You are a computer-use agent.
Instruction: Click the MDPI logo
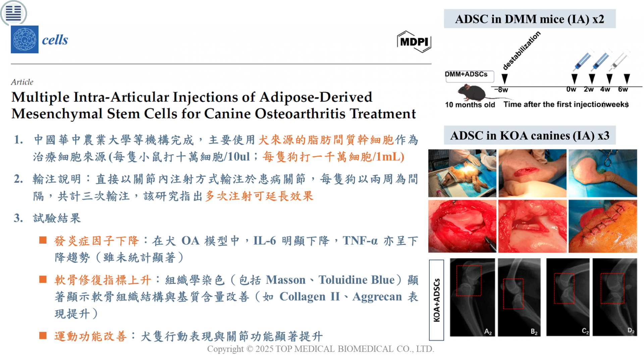coord(414,42)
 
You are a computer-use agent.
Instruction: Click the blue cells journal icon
coord(24,40)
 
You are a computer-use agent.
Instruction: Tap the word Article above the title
coord(22,82)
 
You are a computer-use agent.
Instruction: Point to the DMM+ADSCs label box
coord(469,76)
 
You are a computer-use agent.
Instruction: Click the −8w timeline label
coord(501,90)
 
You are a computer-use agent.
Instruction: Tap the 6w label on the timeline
coord(623,89)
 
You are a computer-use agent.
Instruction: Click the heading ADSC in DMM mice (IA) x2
coord(530,19)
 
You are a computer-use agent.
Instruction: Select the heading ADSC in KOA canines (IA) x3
coord(530,135)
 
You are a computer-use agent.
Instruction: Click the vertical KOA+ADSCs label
coord(436,300)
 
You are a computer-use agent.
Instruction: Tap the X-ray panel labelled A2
coord(472,297)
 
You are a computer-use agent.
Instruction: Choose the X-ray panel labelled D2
coord(614,297)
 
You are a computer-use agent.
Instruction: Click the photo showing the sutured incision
coord(603,226)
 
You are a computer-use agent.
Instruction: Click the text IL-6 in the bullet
coord(265,241)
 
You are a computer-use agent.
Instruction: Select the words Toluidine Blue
coord(357,280)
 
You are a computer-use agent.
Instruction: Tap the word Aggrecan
coord(377,297)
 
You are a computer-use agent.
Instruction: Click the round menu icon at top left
coord(13,13)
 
